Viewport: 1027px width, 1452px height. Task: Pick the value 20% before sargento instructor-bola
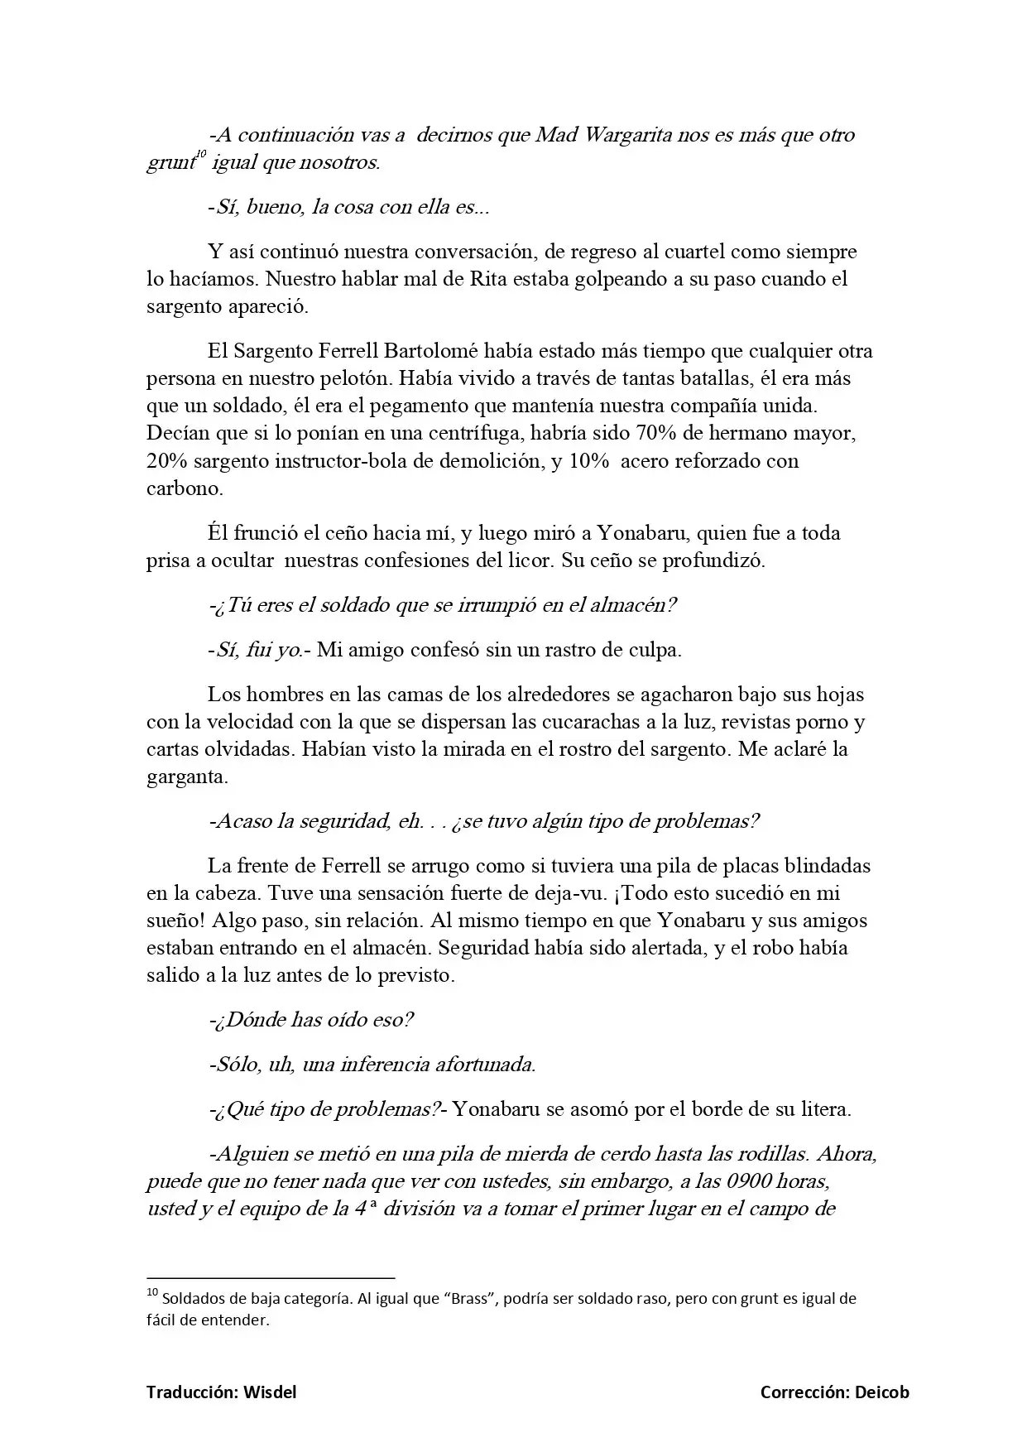click(170, 461)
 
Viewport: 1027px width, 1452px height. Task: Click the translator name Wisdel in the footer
click(270, 1392)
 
